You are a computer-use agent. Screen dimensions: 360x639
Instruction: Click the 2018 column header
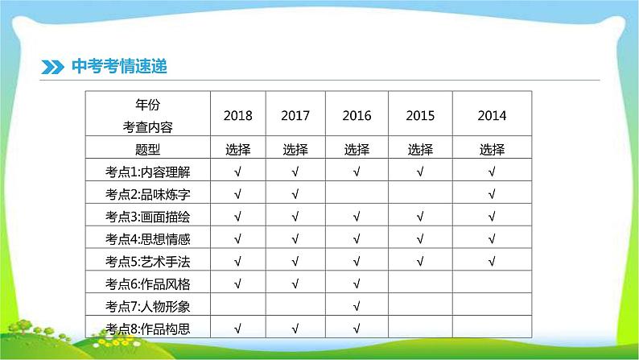(237, 116)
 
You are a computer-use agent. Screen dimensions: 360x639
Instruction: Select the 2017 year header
(295, 116)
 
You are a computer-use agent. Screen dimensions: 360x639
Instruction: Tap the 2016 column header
(357, 116)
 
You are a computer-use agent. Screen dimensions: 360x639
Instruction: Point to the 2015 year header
(419, 116)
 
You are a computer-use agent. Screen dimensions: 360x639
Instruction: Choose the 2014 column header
(492, 116)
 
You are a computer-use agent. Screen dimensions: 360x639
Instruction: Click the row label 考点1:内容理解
(147, 172)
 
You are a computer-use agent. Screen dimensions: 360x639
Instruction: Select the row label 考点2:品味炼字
(147, 194)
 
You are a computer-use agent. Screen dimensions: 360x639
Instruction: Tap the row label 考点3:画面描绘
(147, 217)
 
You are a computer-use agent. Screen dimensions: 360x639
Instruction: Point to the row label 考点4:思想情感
(147, 239)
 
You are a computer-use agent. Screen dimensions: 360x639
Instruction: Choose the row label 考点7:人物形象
(147, 306)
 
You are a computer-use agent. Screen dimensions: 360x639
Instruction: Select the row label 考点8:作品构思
(147, 328)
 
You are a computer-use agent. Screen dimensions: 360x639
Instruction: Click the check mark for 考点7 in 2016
(357, 306)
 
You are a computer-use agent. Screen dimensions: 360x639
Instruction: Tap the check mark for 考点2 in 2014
(492, 194)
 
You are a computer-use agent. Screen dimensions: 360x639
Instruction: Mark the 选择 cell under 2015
(419, 149)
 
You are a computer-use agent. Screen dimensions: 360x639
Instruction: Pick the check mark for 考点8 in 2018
(237, 328)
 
